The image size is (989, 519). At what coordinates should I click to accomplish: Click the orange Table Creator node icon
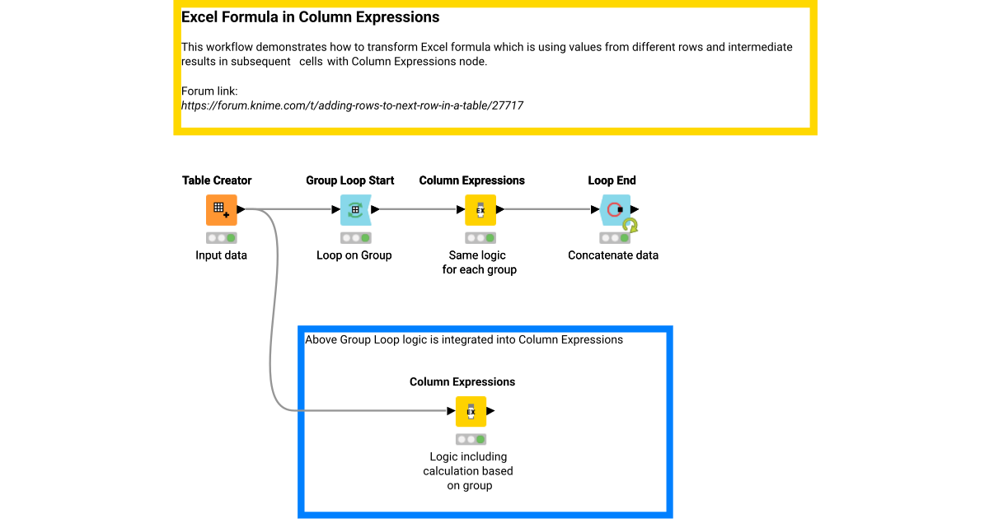(221, 210)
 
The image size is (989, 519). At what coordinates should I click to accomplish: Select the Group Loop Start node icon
(355, 210)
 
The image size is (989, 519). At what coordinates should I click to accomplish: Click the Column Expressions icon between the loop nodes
(480, 210)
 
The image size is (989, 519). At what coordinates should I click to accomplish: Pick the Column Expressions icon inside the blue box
(471, 411)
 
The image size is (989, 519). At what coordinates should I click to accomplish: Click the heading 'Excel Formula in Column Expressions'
(310, 17)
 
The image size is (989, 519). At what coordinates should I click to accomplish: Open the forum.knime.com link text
(352, 105)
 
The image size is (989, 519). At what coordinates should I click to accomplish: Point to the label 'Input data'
(221, 255)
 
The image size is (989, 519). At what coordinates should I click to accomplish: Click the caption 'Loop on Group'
(354, 255)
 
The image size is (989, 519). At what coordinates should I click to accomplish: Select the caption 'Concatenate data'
(613, 255)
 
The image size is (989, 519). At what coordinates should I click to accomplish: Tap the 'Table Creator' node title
(217, 180)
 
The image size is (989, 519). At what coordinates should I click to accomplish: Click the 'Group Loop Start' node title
(350, 180)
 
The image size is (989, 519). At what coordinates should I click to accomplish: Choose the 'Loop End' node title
(612, 180)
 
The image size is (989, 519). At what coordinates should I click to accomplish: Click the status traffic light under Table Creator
(221, 238)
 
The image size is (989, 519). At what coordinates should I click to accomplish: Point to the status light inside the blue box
(471, 439)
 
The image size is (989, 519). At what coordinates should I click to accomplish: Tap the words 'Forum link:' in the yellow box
(209, 91)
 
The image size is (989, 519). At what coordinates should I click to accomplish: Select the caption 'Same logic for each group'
(480, 263)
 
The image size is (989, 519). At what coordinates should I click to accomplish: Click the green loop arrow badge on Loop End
(630, 225)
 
